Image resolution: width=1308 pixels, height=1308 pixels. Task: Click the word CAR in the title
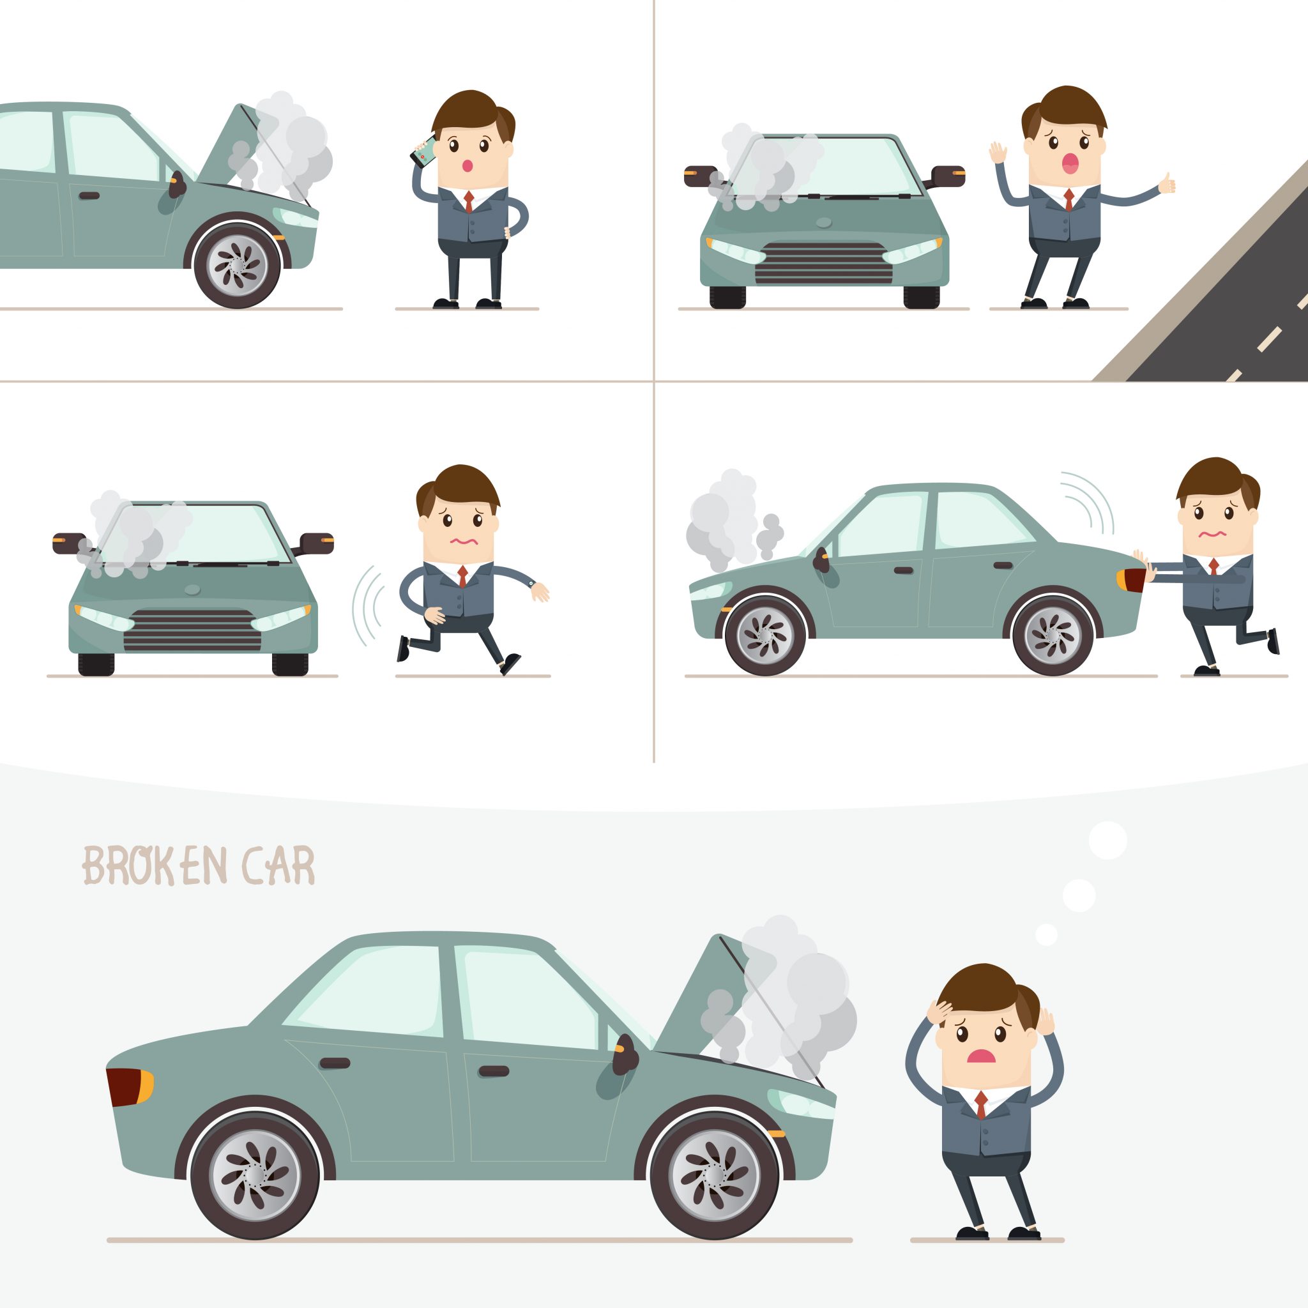[278, 866]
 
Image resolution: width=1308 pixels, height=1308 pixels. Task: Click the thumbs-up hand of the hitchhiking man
[1166, 183]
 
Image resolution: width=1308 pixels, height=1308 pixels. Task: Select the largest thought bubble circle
[1107, 841]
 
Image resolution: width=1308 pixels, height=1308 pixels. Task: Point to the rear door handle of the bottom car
[335, 1063]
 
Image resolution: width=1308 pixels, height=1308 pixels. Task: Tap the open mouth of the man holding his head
[980, 1056]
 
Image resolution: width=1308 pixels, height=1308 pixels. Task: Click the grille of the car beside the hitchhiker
[823, 263]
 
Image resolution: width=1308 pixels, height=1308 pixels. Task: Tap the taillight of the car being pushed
[1130, 580]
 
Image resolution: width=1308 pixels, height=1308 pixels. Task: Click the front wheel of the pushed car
[765, 635]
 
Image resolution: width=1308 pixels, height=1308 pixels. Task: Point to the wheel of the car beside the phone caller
[237, 266]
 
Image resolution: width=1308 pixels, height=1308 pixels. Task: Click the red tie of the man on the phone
[468, 201]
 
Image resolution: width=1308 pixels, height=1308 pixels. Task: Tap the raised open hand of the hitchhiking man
[998, 153]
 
